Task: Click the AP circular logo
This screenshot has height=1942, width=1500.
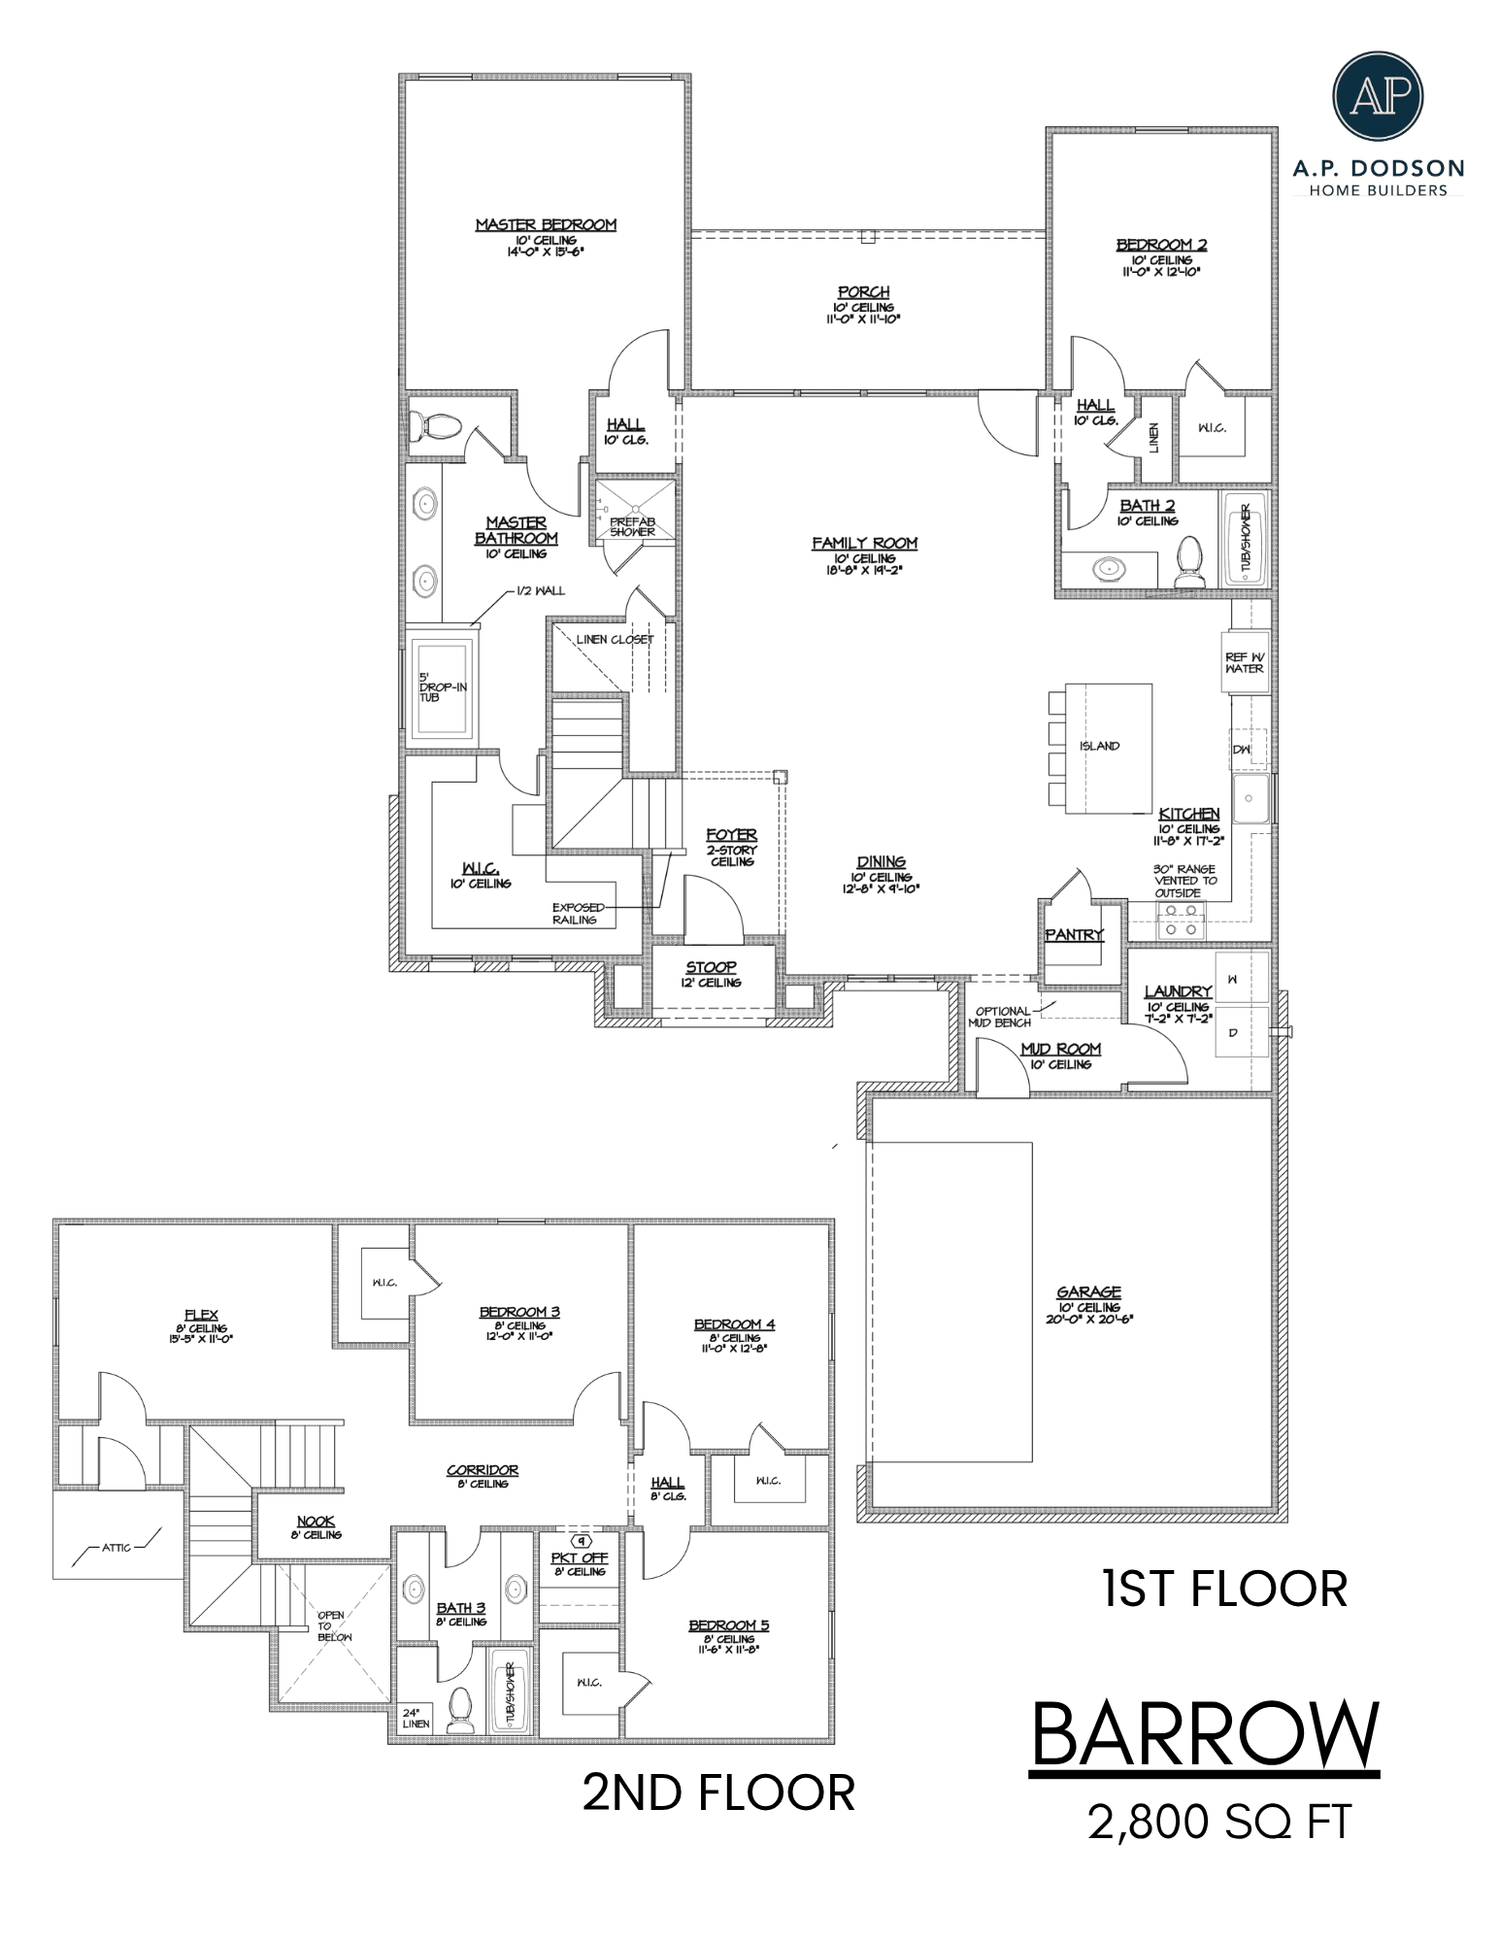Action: [1378, 96]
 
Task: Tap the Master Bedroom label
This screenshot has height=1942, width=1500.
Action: [546, 225]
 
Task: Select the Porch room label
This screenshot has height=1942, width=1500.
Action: [863, 292]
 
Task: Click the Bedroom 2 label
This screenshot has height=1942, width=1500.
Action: [1161, 245]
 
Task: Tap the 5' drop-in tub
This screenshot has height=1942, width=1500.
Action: [442, 686]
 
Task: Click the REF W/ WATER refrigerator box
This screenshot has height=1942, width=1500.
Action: [1246, 663]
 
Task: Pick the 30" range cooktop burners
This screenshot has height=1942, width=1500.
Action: [1181, 920]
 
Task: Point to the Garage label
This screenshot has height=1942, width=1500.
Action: [1088, 1292]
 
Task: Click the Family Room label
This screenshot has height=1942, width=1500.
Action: [865, 544]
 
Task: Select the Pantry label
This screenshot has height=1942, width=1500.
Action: [1074, 934]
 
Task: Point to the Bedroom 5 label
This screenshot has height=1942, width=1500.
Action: [729, 1625]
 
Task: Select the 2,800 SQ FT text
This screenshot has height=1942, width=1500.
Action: [1219, 1822]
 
